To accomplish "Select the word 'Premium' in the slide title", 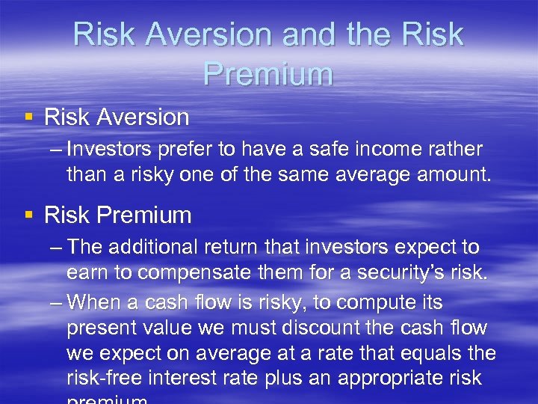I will point(268,75).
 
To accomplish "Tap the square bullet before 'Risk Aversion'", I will point(29,117).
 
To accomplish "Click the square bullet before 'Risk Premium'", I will point(29,215).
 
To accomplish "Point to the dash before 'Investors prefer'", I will point(55,150).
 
